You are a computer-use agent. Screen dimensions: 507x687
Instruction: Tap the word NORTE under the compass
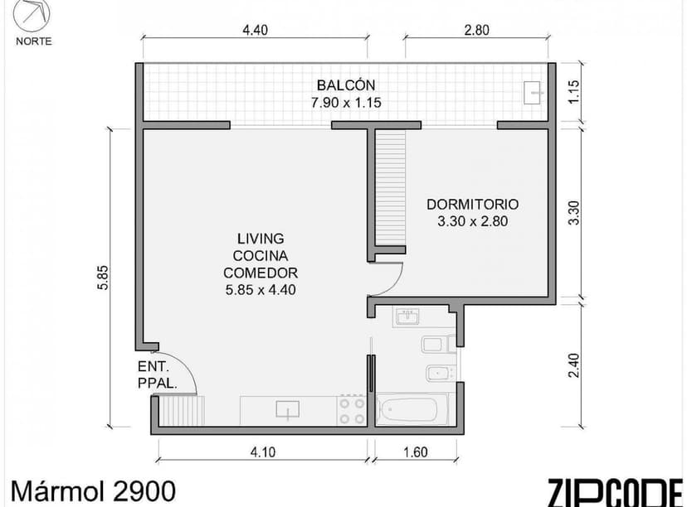(x=33, y=41)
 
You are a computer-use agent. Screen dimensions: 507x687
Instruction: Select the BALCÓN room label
(x=345, y=85)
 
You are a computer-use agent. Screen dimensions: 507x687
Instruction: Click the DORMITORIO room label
(x=472, y=205)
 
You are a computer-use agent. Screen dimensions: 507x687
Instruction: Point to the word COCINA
(x=260, y=255)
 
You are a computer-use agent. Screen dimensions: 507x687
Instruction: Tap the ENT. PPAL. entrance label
(x=154, y=374)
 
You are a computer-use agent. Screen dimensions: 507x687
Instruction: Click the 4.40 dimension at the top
(x=255, y=30)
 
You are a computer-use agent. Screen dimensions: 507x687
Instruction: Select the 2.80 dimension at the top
(x=476, y=30)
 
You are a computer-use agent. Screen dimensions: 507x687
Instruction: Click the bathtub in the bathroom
(x=412, y=410)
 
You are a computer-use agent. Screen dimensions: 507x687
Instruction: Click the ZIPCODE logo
(x=616, y=490)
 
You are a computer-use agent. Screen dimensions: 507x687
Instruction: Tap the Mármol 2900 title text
(x=93, y=490)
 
